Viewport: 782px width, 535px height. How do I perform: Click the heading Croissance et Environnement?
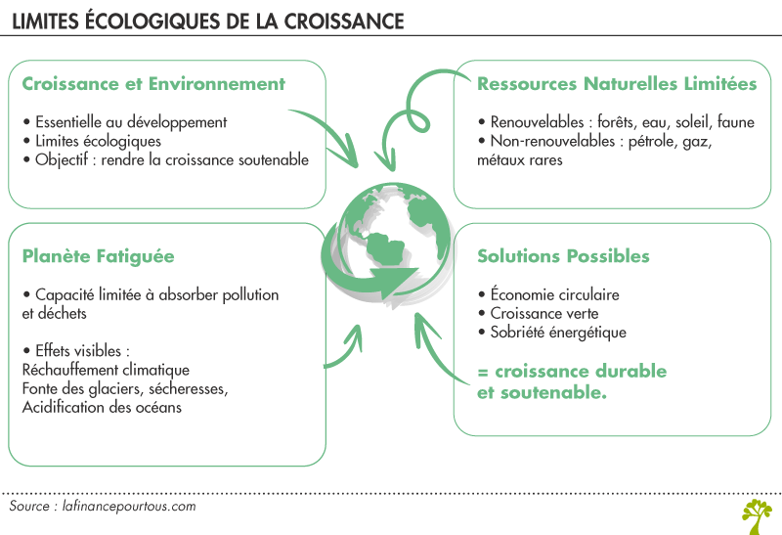153,84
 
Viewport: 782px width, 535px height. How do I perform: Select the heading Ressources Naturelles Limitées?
617,84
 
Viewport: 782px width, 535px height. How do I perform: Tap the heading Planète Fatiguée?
98,256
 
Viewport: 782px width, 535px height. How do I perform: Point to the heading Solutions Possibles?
563,256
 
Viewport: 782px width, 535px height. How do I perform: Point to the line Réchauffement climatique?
106,370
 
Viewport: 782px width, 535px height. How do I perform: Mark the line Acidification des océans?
102,407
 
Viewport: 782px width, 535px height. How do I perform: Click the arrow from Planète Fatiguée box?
347,347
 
